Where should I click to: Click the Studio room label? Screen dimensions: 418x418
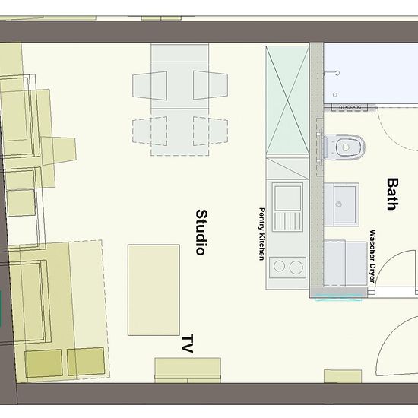coord(202,233)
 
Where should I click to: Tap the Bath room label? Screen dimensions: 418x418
coord(393,195)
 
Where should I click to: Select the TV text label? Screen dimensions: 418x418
coord(188,344)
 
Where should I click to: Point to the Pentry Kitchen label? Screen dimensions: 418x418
coord(262,234)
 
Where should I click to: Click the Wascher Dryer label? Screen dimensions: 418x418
coord(372,256)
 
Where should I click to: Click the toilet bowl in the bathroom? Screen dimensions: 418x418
coord(344,147)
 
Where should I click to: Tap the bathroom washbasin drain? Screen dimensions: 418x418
coord(339,204)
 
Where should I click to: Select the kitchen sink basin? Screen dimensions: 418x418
coord(287,198)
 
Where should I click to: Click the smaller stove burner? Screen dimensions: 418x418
coord(279,266)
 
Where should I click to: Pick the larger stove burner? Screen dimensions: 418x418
coord(296,267)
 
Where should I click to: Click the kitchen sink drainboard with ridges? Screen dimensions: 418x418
coord(287,221)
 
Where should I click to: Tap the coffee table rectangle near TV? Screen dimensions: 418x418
coord(154,290)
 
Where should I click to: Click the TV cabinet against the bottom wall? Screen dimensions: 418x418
coord(188,370)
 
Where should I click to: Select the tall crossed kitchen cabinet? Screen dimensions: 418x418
coord(287,100)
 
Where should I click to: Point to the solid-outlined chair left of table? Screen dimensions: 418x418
coord(150,86)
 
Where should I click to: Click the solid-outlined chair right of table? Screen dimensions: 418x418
coord(211,85)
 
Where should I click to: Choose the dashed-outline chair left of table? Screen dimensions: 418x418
coord(150,131)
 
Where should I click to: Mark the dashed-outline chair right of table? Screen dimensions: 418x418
coord(211,131)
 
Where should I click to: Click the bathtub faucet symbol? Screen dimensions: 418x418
coord(331,73)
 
